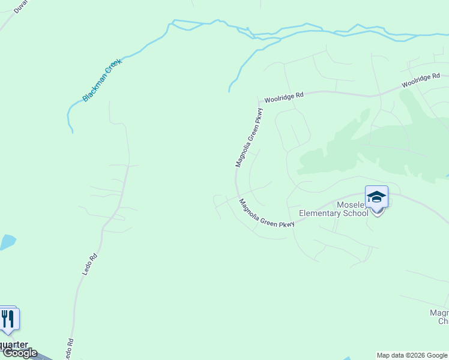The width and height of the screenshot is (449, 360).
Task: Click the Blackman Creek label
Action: click(102, 80)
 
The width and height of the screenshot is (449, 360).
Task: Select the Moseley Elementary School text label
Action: click(333, 208)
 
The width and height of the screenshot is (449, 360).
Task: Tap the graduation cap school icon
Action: click(376, 197)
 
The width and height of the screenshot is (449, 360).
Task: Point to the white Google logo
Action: click(19, 353)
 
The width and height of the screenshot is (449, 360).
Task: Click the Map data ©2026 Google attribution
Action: click(412, 355)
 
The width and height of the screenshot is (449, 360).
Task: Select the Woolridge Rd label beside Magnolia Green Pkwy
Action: click(284, 96)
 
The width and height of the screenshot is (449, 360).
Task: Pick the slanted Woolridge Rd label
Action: click(421, 80)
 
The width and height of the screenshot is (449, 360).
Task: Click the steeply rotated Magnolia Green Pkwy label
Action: click(249, 137)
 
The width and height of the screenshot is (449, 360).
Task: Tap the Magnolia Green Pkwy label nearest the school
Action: click(267, 214)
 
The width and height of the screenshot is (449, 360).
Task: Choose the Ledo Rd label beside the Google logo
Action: click(70, 348)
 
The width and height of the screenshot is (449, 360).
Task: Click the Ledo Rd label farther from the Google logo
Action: click(89, 265)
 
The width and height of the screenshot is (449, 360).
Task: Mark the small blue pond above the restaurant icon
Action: click(7, 242)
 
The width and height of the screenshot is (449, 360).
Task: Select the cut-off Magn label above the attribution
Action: click(439, 313)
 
